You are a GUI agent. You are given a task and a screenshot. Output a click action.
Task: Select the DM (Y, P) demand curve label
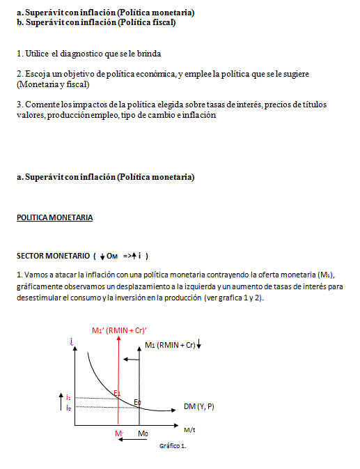click(x=200, y=406)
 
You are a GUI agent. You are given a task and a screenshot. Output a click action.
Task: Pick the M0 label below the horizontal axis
click(x=143, y=433)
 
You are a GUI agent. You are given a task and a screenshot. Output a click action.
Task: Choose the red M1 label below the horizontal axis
click(x=119, y=433)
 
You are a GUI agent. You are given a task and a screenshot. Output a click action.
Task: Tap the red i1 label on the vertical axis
click(x=68, y=397)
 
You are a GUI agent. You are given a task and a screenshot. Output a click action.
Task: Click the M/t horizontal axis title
click(x=190, y=429)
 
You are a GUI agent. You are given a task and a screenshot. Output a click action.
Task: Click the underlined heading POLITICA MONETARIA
click(x=54, y=218)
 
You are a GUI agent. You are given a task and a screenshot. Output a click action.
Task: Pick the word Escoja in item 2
click(x=36, y=73)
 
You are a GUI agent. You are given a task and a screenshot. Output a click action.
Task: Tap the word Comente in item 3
click(x=42, y=105)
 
